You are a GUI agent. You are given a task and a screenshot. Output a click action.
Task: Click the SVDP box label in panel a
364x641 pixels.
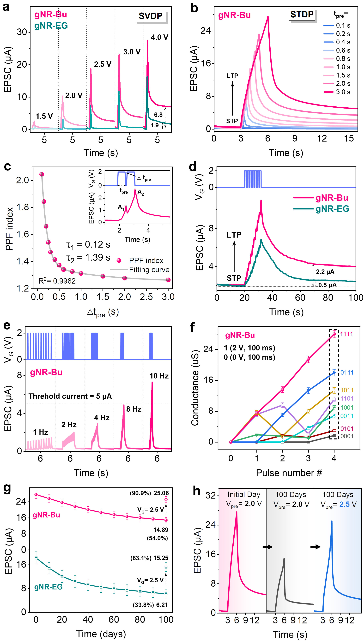pos(151,16)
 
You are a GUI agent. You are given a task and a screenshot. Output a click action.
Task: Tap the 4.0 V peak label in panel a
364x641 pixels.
pos(159,37)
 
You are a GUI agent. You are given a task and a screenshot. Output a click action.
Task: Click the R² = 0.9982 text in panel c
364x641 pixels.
pos(57,281)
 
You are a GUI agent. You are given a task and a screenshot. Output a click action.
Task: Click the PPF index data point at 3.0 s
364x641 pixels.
pos(168,280)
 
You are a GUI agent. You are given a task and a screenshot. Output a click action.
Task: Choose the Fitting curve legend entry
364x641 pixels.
pos(149,270)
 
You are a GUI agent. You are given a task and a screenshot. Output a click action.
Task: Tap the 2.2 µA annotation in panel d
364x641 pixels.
pos(325,272)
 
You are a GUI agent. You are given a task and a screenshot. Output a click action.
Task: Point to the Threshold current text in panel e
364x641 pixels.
pos(70,396)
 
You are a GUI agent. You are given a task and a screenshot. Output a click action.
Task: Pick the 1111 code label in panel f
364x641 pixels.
pos(346,334)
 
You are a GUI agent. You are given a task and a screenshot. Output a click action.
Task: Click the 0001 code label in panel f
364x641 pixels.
pos(347,436)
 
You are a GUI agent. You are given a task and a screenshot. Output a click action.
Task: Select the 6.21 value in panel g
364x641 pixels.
pos(162,605)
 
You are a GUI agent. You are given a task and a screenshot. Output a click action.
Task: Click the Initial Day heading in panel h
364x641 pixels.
pos(244,495)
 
